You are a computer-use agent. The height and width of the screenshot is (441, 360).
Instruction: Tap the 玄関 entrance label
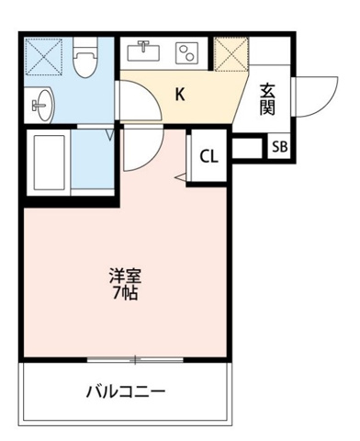[x=268, y=98]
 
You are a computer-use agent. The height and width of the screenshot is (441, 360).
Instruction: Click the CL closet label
[x=209, y=155]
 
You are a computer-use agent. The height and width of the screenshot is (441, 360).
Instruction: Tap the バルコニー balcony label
[x=126, y=391]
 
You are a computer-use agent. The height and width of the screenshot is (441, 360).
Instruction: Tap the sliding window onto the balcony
[x=135, y=358]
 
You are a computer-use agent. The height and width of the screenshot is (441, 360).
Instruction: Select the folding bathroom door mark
[x=110, y=136]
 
